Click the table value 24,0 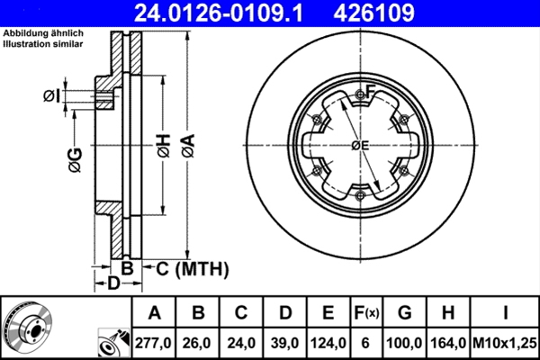click(x=241, y=342)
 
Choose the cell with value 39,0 click(x=285, y=342)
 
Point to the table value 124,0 click(x=328, y=342)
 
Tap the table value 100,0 click(x=404, y=342)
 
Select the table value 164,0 click(x=449, y=342)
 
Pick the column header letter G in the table click(x=404, y=313)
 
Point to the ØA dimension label click(x=186, y=145)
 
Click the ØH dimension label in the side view click(x=163, y=145)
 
